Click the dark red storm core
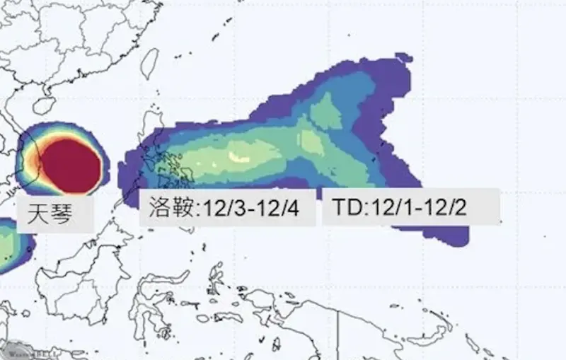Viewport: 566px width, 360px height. tap(71, 165)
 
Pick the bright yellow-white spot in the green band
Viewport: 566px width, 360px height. tap(239, 156)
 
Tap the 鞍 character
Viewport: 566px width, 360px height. tap(185, 208)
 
